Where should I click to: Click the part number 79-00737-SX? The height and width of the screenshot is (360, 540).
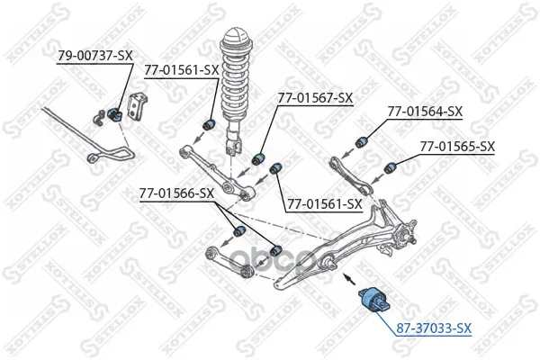click(94, 55)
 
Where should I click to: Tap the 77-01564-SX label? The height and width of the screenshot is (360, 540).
click(425, 112)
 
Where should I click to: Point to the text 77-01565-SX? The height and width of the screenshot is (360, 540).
click(457, 145)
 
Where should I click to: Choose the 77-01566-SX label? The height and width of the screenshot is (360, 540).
click(176, 192)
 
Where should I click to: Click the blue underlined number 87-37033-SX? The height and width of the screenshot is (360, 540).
click(434, 328)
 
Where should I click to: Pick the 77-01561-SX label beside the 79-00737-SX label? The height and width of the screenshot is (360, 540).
click(183, 69)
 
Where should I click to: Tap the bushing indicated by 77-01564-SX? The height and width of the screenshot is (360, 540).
click(364, 140)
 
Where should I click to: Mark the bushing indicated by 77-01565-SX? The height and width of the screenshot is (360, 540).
click(392, 166)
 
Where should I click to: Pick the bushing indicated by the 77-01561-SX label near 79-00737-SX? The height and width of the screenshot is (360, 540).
click(209, 123)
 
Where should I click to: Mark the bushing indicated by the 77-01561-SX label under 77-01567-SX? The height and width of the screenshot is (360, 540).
click(277, 168)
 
